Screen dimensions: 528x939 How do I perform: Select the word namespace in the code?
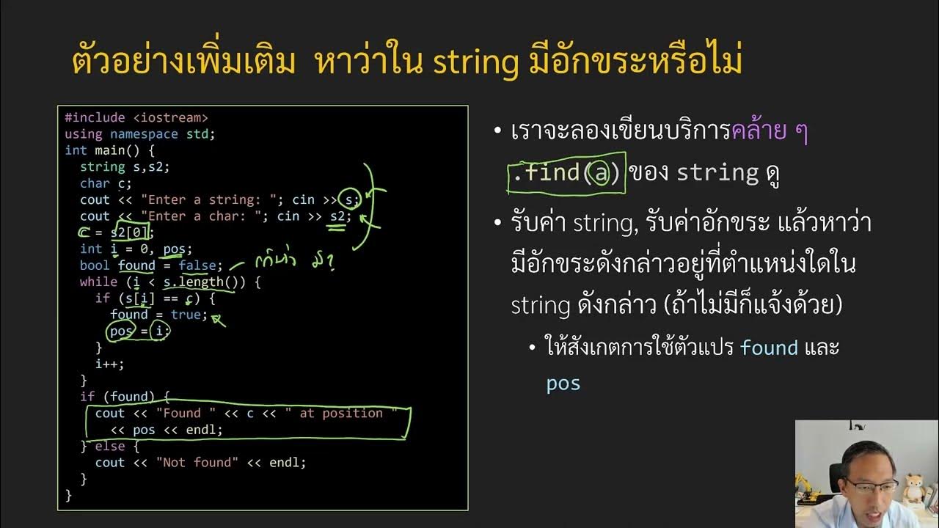pos(144,134)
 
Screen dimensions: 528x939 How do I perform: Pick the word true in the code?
pos(186,315)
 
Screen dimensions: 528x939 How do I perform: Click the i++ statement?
pos(110,364)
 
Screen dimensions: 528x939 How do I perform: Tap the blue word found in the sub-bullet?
pos(769,348)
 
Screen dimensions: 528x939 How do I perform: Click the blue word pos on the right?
pos(563,384)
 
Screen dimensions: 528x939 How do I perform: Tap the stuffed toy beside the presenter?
pos(913,488)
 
